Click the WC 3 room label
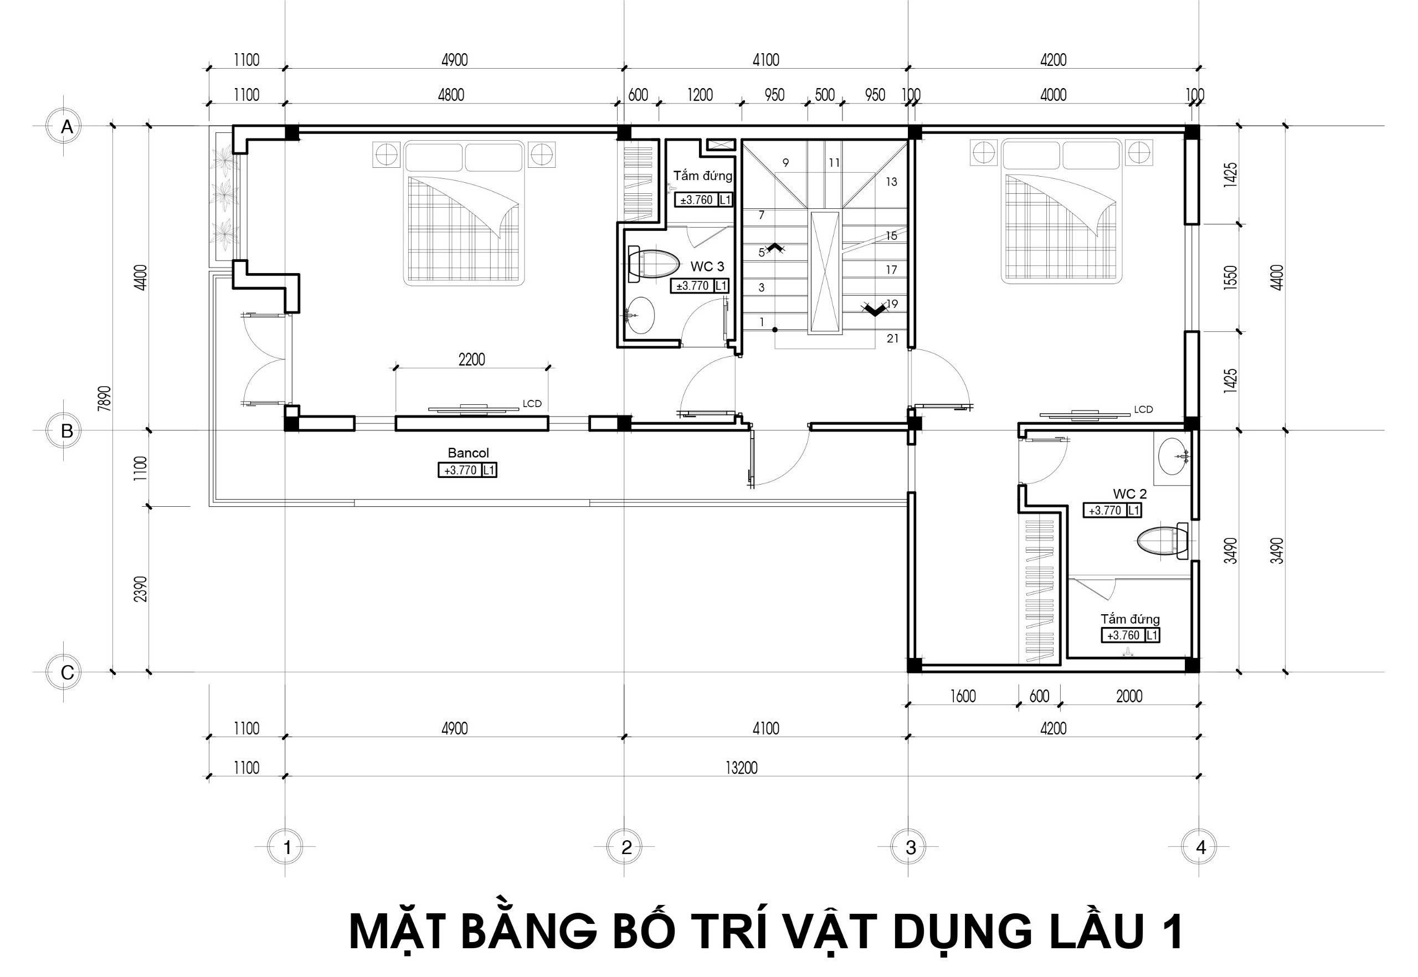pos(707,266)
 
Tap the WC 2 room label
pos(1129,493)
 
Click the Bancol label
pos(469,453)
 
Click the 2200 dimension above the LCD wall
pos(471,359)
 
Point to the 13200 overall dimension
pos(742,768)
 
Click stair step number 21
pos(892,338)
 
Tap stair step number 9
pos(785,163)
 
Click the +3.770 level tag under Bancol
pos(467,470)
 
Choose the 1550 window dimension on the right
pos(1231,277)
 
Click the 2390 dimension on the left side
pos(141,588)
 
